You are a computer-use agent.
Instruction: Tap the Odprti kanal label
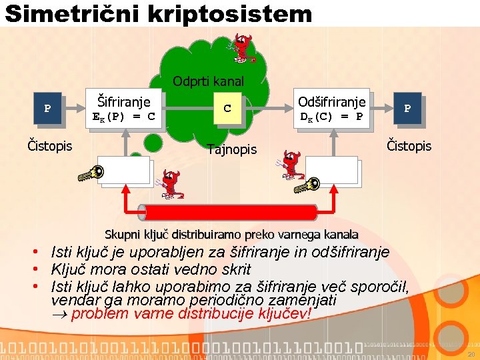point(208,81)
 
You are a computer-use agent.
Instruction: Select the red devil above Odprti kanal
point(241,47)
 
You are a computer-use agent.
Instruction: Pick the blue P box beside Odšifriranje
point(407,109)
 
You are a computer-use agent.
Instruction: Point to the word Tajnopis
point(231,149)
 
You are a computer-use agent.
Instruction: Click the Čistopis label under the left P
point(49,145)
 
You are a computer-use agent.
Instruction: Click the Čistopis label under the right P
point(409,145)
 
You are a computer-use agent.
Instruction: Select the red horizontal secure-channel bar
point(231,213)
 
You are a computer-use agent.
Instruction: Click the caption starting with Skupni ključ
point(231,235)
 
